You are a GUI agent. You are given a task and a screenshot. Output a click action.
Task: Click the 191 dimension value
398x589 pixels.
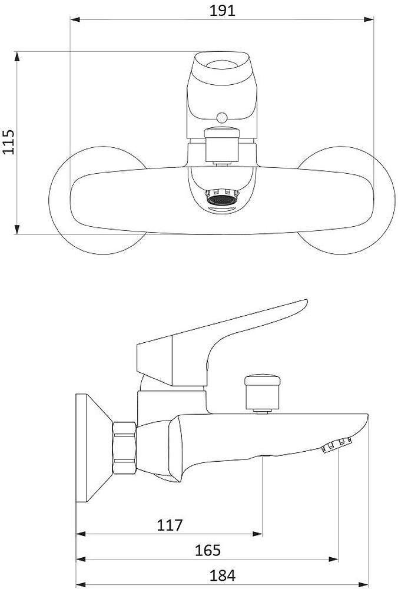[222, 10]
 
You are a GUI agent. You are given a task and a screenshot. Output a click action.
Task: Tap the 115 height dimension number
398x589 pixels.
[8, 141]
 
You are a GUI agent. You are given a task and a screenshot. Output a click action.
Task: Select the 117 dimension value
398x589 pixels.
[170, 525]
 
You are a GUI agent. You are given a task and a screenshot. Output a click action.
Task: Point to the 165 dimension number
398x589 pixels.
[208, 550]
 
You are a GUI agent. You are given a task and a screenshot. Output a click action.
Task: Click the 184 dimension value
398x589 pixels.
[223, 575]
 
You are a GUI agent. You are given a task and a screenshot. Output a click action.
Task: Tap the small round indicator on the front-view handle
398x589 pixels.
[222, 118]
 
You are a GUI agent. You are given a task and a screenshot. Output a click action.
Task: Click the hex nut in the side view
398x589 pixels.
[124, 448]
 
